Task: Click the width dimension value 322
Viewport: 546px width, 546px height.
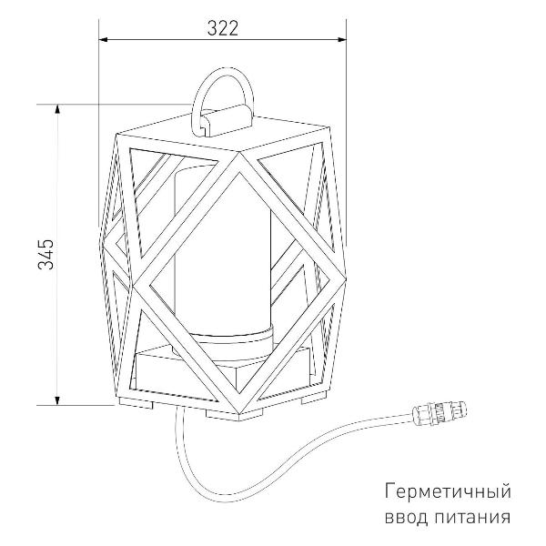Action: tap(223, 28)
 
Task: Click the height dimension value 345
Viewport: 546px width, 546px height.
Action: tap(46, 254)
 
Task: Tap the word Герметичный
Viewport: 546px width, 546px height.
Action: tap(448, 492)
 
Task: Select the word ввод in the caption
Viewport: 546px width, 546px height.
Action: tap(407, 517)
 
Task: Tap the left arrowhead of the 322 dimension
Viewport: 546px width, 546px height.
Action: tap(104, 39)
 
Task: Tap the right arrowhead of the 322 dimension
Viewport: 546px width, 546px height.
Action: tap(341, 39)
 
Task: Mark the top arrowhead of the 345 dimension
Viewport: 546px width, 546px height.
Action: tap(58, 108)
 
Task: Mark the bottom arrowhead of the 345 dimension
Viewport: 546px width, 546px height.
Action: tap(58, 400)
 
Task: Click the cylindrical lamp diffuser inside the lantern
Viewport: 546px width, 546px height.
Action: tap(223, 251)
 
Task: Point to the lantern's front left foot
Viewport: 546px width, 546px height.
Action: tap(136, 403)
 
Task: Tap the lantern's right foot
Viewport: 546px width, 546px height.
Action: tap(314, 397)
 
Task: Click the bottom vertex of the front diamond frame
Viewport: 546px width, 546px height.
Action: tap(240, 414)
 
